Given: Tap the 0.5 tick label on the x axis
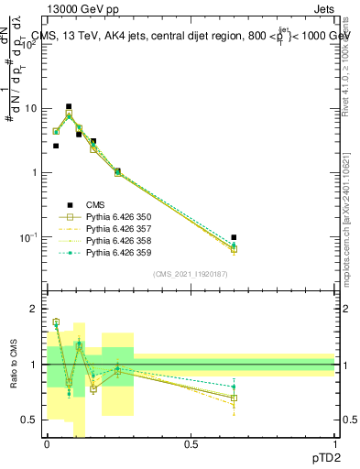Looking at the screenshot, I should pyautogui.click(x=191, y=445).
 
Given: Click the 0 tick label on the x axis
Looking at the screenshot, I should pyautogui.click(x=47, y=445).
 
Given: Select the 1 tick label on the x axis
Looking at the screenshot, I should pyautogui.click(x=334, y=445).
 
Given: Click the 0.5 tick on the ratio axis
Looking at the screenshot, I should pyautogui.click(x=31, y=420).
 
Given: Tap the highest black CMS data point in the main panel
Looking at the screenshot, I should pyautogui.click(x=69, y=106).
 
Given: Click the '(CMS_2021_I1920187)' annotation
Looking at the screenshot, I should pyautogui.click(x=191, y=272).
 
